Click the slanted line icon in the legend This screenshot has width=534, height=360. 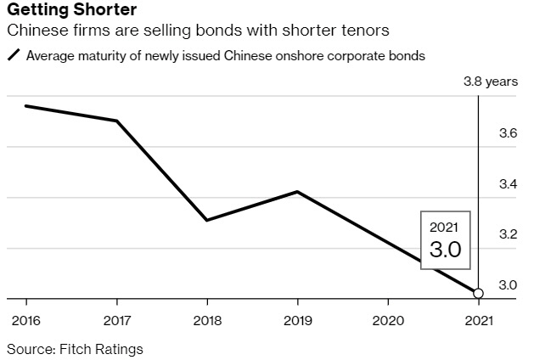(14, 56)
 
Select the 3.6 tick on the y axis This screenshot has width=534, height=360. (507, 133)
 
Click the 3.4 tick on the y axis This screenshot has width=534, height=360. (507, 183)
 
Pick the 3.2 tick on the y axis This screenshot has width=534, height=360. (507, 233)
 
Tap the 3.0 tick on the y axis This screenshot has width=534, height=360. (507, 284)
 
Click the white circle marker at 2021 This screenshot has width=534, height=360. (478, 294)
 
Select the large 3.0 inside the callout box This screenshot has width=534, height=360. (444, 250)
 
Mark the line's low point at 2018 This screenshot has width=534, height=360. (206, 221)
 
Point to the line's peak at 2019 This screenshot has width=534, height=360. (296, 192)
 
